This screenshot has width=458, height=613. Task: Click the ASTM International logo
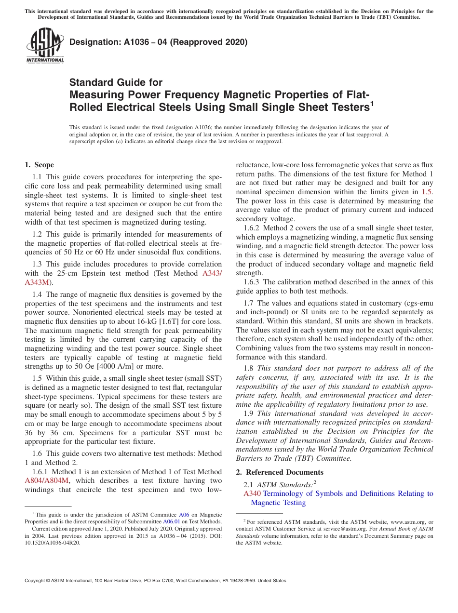(x=44, y=46)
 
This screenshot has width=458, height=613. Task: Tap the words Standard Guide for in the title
(x=116, y=82)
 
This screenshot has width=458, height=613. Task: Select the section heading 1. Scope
(x=39, y=165)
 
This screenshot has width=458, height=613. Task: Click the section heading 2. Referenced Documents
(x=280, y=472)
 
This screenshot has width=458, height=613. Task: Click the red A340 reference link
(x=252, y=493)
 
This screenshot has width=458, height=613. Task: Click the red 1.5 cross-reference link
(x=427, y=192)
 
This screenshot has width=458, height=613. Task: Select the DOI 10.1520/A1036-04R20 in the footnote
(x=53, y=542)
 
